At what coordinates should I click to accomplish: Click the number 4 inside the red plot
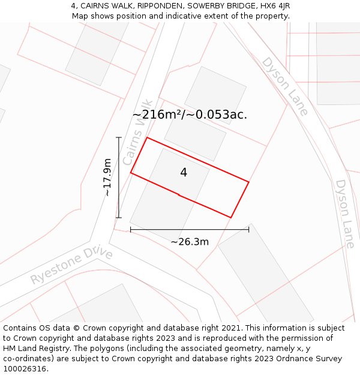184,173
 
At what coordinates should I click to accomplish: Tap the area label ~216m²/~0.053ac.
190,115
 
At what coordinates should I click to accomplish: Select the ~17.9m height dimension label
107,177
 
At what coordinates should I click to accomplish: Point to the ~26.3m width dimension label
190,242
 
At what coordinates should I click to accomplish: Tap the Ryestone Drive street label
71,266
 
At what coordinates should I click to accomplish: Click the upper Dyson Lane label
285,86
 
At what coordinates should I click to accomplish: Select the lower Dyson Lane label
345,214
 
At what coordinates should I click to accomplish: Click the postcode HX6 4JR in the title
275,5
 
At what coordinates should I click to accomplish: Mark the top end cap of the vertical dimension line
119,138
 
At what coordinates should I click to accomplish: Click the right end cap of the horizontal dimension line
248,229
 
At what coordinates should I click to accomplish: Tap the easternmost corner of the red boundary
248,182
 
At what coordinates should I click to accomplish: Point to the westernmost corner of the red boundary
131,173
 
